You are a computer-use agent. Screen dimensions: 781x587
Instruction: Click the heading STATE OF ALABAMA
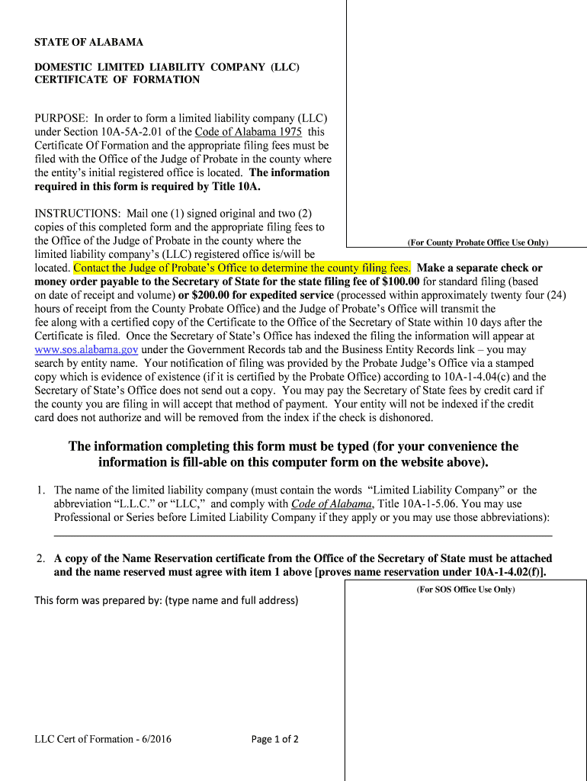point(88,43)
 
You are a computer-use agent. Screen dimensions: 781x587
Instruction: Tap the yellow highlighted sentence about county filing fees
point(242,268)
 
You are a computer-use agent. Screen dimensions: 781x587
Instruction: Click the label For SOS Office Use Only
point(465,590)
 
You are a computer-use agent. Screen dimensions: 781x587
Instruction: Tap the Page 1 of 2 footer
point(274,739)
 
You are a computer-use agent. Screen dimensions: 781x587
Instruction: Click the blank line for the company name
point(302,535)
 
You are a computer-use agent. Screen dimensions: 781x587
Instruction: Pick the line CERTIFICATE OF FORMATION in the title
point(117,80)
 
